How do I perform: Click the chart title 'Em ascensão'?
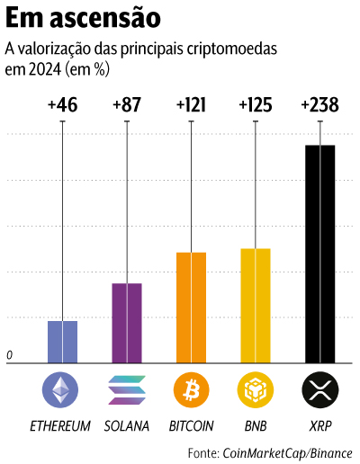click(x=85, y=18)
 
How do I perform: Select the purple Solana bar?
click(x=127, y=322)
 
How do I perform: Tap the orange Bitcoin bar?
click(x=191, y=307)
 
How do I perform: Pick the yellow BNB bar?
click(x=256, y=305)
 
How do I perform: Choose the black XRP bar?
click(x=319, y=253)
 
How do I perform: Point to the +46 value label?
click(x=62, y=105)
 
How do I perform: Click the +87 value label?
click(x=127, y=105)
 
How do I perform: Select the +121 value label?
click(x=191, y=105)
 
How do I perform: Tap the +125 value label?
click(x=256, y=105)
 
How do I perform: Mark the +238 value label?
click(x=319, y=105)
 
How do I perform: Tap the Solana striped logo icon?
click(x=127, y=389)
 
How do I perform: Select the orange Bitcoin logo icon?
click(x=191, y=389)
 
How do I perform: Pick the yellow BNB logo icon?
click(x=256, y=389)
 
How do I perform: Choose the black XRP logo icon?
click(x=319, y=389)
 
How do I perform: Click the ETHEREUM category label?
click(x=61, y=425)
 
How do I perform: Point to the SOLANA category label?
click(x=127, y=425)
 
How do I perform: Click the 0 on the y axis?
click(x=10, y=356)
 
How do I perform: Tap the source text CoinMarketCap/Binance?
click(x=287, y=451)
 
